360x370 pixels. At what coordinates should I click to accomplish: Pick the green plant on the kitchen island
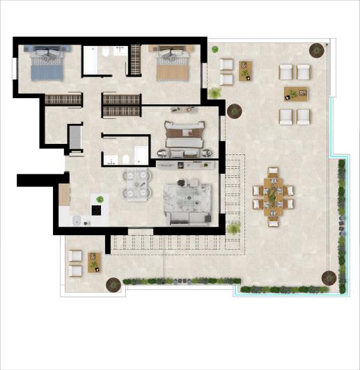coord(100,200)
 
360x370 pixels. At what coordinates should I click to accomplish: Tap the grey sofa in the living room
coord(187,218)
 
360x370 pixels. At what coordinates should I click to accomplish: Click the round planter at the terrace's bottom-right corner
coord(328,278)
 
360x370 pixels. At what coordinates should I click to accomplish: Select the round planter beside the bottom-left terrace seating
coord(112,284)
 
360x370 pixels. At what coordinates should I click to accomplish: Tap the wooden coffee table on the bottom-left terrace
coord(94,262)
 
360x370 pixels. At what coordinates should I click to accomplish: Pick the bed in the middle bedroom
coord(185,136)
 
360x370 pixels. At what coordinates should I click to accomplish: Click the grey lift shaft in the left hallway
coord(75,136)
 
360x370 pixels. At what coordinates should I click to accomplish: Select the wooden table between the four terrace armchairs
coord(295,93)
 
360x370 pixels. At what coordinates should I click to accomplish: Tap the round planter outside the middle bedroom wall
coord(233,111)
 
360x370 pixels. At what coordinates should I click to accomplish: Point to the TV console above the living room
coord(182,165)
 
